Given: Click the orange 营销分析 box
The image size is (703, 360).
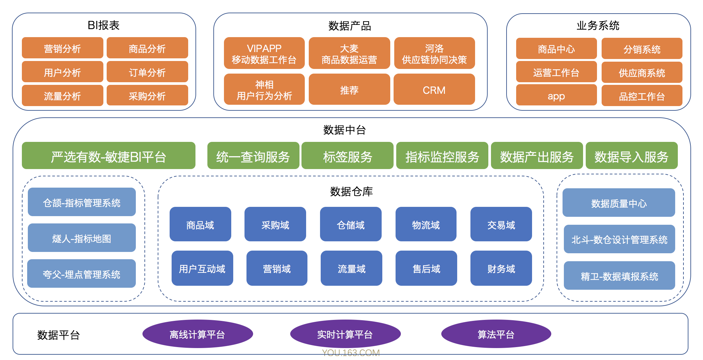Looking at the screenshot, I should (62, 48).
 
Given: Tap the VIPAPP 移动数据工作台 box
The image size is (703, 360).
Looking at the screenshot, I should (264, 53).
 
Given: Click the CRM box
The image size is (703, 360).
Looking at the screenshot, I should (434, 90).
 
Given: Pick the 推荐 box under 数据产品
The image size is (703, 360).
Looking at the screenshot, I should (349, 90).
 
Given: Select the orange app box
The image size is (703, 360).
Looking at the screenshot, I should (556, 95).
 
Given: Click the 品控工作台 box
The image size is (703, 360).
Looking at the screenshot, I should (641, 96).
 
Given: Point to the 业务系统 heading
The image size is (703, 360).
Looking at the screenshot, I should (598, 26).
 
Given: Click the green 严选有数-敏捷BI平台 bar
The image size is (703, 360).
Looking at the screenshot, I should (108, 156).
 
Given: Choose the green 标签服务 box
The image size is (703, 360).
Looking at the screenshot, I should (347, 156).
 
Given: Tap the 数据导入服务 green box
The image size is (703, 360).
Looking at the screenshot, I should (631, 156).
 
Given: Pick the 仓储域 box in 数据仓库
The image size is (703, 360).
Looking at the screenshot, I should (351, 224).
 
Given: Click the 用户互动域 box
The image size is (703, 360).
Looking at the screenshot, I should (202, 268).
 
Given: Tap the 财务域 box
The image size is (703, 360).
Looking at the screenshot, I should (501, 268).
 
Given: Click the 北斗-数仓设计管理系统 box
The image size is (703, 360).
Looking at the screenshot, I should (619, 239).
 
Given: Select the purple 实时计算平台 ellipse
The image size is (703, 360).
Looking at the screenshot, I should (345, 334).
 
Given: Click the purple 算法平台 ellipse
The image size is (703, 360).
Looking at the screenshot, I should (496, 334).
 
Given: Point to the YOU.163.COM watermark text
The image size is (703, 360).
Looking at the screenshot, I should (351, 353).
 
